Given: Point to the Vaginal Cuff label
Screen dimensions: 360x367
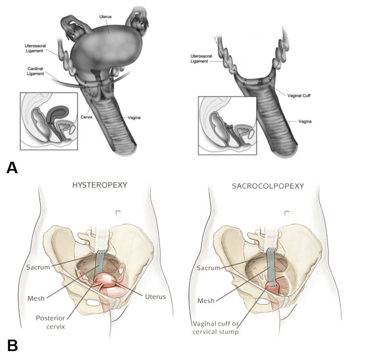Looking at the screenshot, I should click(x=300, y=96).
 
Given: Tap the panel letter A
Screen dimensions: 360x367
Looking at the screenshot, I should click(x=12, y=168).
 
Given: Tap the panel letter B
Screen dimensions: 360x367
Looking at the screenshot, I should click(x=12, y=345).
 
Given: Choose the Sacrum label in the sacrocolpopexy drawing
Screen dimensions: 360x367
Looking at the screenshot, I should click(x=209, y=268).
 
